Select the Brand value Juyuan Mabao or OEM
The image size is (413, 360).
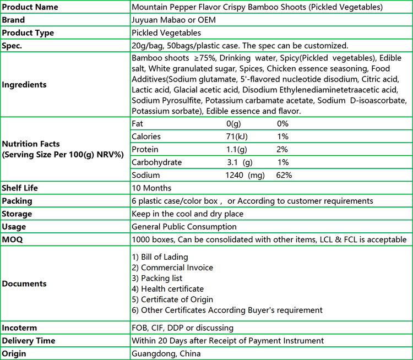click(173, 20)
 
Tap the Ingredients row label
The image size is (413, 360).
click(24, 85)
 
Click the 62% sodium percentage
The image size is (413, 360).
click(284, 175)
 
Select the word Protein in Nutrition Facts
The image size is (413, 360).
click(145, 150)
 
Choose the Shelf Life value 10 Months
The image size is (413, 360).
click(151, 188)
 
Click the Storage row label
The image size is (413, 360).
click(17, 214)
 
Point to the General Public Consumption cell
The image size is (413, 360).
click(184, 226)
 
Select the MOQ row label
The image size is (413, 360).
click(13, 239)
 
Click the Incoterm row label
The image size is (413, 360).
click(20, 328)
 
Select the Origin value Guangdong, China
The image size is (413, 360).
click(166, 353)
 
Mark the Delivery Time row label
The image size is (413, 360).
click(29, 341)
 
